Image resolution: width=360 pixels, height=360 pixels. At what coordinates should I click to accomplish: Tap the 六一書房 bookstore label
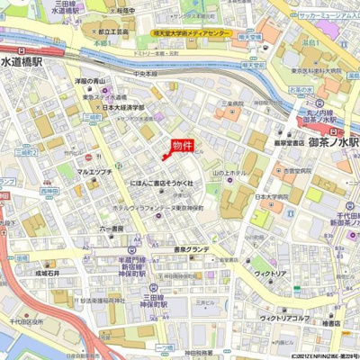pos(112,228)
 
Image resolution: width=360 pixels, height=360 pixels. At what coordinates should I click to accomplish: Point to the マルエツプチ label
pos(94,170)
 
